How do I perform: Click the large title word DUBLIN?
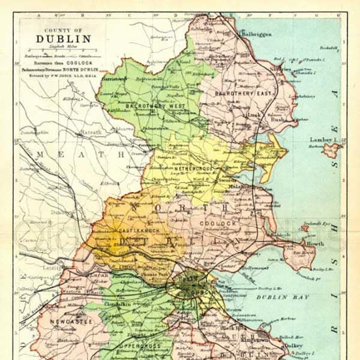64,39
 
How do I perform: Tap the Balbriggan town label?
256,34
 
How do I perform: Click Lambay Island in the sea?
332,147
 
